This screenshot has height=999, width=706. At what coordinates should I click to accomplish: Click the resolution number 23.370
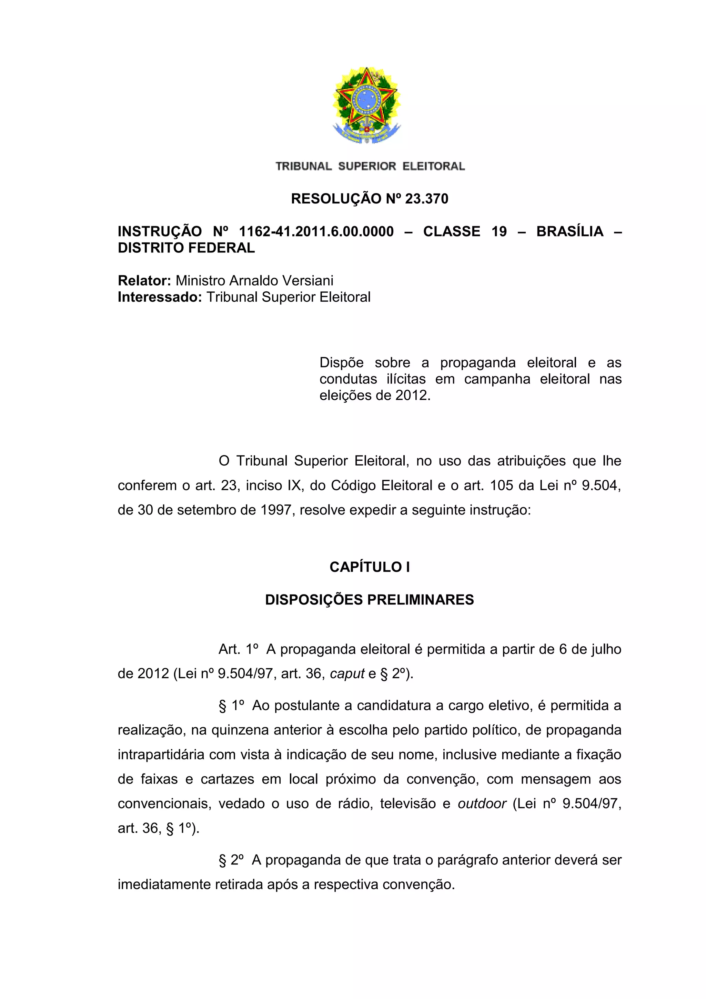pos(426,199)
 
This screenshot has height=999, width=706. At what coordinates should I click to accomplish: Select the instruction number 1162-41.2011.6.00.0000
pos(316,231)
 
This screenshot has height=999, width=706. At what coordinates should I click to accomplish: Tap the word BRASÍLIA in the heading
pos(570,231)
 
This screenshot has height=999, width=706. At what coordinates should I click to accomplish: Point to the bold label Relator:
pos(144,281)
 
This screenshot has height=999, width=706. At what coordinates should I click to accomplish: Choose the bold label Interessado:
pos(160,297)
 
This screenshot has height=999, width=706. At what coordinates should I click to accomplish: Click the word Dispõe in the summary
pos(341,362)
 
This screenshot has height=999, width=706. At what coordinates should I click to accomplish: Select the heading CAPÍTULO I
pos(369,567)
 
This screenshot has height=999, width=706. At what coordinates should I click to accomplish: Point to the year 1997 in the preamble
pos(275,510)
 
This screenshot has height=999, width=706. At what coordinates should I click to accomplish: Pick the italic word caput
pos(347,673)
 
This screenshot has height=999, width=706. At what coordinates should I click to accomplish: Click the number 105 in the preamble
pos(502,485)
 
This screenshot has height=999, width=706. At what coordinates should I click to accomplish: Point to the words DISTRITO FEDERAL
pos(186,248)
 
